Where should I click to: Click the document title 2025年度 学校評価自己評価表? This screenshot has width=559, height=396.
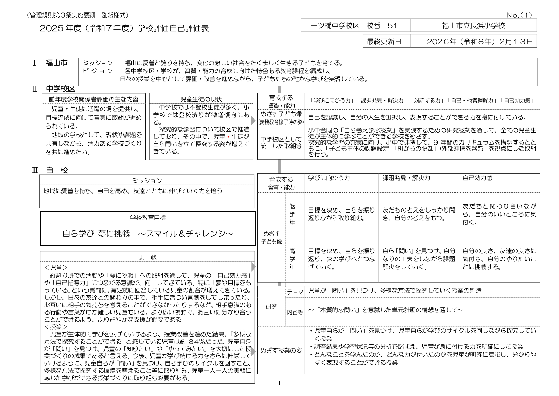[x=124, y=28]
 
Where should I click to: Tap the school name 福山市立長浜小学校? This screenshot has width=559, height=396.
[x=473, y=26]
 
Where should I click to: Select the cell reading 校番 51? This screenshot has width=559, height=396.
[x=382, y=26]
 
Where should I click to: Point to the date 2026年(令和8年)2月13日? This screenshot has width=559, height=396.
[x=479, y=41]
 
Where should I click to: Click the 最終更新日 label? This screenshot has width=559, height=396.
[x=383, y=41]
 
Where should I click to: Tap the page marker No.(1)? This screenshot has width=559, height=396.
[x=519, y=15]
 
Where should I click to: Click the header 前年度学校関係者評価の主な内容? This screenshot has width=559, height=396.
[x=93, y=99]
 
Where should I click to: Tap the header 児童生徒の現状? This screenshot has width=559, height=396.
[x=201, y=99]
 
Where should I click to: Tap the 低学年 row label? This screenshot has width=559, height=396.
[x=292, y=214]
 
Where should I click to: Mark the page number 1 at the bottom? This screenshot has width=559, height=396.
[x=279, y=384]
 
